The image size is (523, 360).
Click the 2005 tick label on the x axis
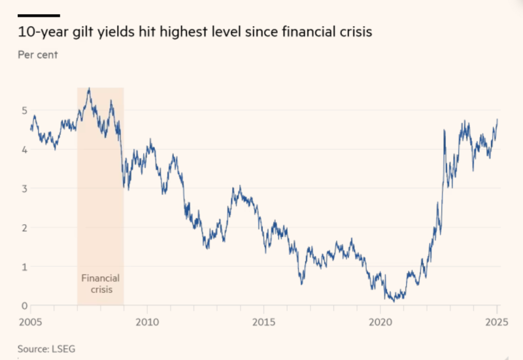pos(31,322)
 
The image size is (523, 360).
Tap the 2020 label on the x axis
pos(380,322)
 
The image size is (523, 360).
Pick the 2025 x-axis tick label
pos(496,322)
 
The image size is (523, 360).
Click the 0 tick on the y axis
pos(24,306)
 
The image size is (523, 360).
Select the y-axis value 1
pos(24,267)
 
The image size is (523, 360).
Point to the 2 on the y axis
pos(24,227)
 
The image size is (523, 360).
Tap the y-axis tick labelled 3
pos(24,188)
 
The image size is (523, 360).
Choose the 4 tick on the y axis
pos(24,149)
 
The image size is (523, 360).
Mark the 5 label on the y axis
pos(24,110)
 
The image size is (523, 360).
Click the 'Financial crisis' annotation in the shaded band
pos(100,284)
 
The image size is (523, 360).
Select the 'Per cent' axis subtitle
pos(37,55)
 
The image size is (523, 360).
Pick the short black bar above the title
pos(39,15)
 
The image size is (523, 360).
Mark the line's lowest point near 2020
pos(394,301)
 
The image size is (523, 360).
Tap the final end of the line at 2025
pos(498,120)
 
